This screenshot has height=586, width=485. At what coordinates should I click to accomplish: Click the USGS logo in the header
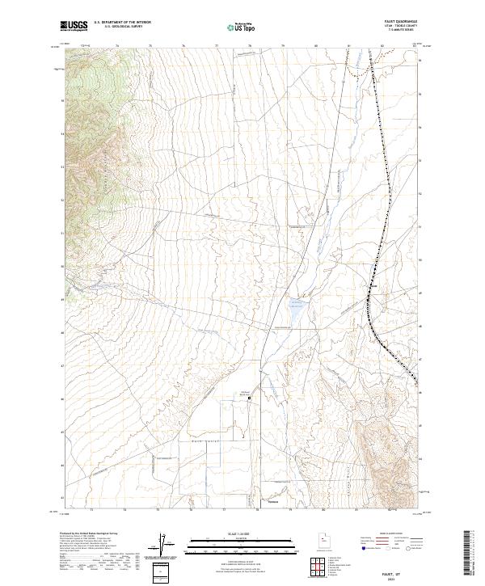click(x=74, y=26)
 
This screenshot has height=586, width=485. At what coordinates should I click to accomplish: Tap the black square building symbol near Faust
click(x=250, y=398)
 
